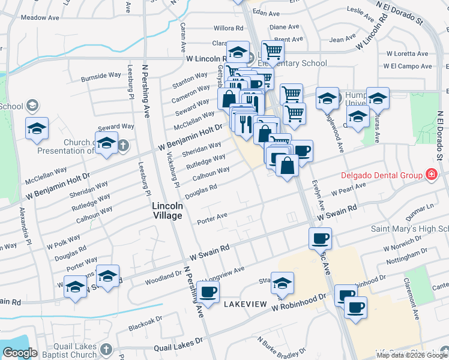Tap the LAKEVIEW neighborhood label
click(245, 304)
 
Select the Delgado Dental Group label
click(382, 176)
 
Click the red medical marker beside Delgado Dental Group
click(430, 175)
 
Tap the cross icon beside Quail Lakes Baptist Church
click(106, 349)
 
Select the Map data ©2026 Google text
click(412, 355)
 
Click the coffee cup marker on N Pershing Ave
click(208, 292)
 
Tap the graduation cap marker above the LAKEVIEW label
click(282, 283)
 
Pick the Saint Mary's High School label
click(409, 229)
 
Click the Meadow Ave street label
click(40, 18)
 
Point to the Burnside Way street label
click(101, 76)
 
